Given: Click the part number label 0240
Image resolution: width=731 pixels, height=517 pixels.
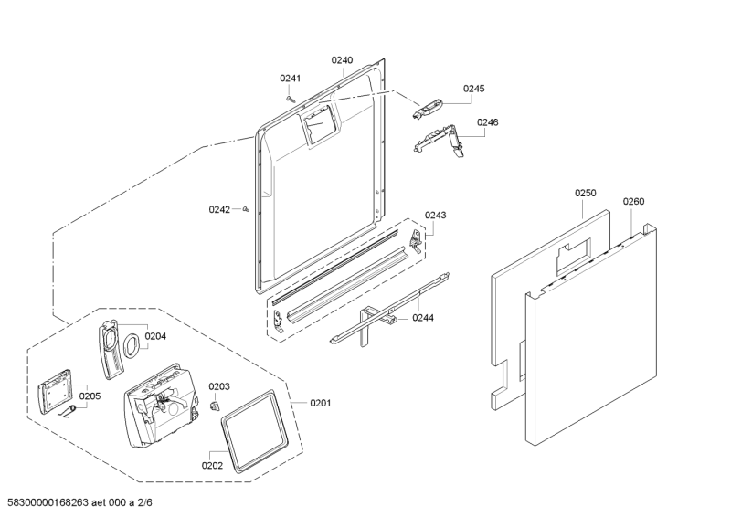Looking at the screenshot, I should [342, 60].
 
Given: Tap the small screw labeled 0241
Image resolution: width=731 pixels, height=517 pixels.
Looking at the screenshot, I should [290, 97].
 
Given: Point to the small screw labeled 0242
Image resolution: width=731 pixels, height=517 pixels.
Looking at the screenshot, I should [247, 209].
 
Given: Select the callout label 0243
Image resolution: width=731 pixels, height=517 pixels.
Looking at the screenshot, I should [436, 216].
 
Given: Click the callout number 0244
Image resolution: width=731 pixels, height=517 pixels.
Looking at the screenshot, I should [423, 318].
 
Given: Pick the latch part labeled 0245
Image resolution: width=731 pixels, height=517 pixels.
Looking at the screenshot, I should [429, 109].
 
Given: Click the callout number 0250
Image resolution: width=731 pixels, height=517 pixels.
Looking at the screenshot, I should [585, 193].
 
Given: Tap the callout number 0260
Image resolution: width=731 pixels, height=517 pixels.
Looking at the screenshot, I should [633, 202].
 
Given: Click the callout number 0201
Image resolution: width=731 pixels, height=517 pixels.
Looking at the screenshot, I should [321, 404].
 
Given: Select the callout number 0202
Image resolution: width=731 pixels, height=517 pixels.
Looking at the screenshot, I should [212, 466].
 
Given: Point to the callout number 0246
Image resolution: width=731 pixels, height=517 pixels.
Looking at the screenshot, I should [487, 121].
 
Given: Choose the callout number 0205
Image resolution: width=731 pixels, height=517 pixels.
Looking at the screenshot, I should [90, 396].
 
